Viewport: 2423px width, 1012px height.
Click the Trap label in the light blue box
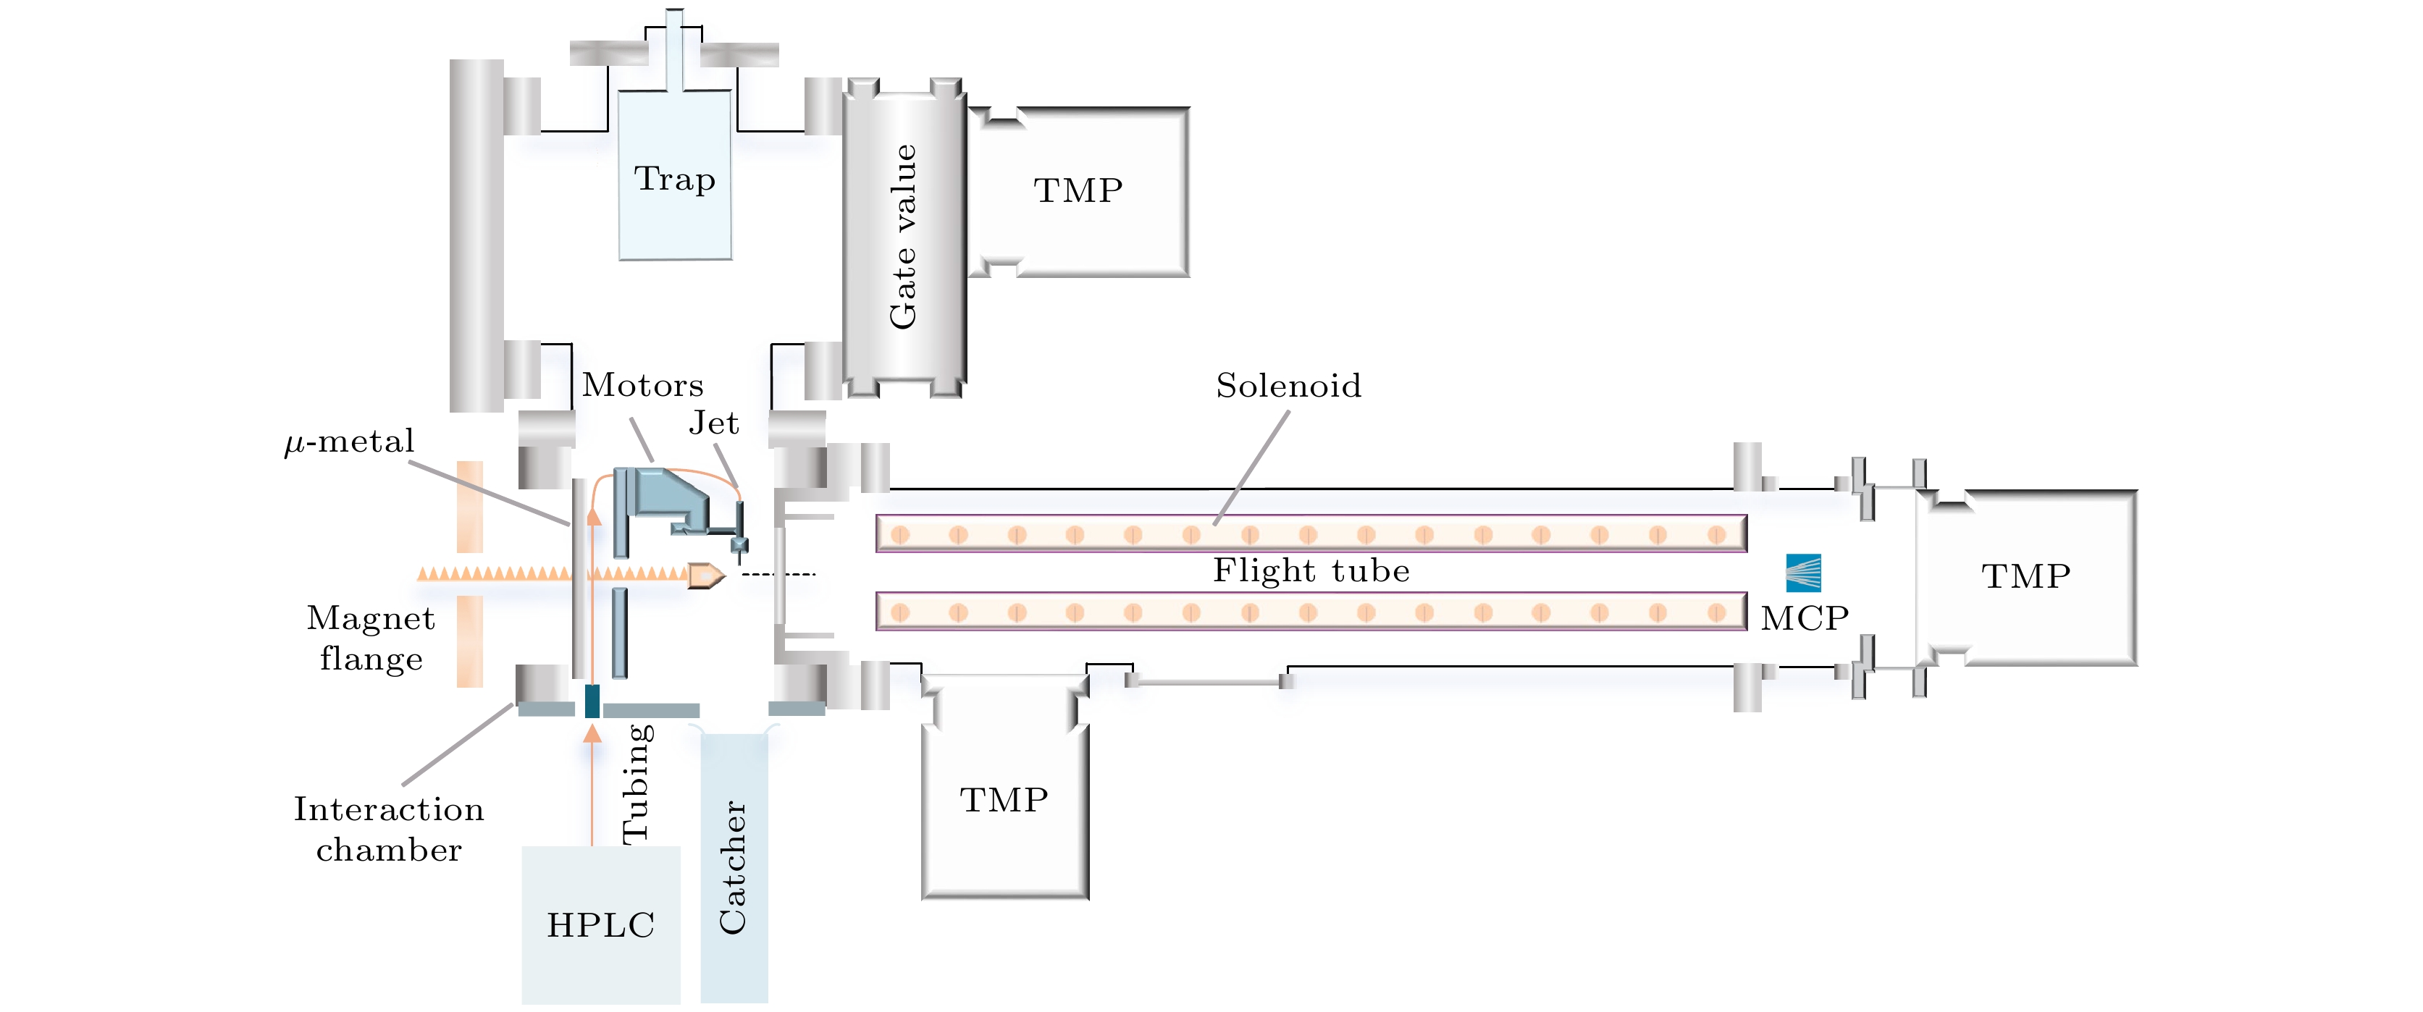pos(674,179)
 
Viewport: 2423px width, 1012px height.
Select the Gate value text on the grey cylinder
pos(903,237)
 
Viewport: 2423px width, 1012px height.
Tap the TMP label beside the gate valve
pos(1078,191)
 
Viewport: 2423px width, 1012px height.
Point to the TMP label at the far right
pos(2026,575)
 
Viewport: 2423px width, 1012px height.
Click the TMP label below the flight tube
pos(1004,799)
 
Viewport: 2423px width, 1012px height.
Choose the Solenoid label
pos(1288,386)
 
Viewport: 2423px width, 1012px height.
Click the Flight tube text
pos(1311,571)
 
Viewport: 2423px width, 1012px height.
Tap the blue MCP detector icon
pos(1803,572)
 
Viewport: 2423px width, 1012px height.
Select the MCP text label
pos(1804,618)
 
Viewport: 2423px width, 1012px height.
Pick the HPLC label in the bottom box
pos(600,925)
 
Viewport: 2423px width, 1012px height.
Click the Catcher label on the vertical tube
pos(733,867)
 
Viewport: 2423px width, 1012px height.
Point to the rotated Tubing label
pos(637,783)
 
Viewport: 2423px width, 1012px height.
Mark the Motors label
pos(642,386)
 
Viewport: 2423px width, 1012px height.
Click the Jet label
pos(714,423)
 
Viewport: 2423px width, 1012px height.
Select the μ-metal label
pos(349,441)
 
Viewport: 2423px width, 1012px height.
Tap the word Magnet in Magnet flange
pos(371,618)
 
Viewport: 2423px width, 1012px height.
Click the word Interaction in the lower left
pos(388,809)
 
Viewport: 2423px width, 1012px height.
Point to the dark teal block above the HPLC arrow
pos(592,701)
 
